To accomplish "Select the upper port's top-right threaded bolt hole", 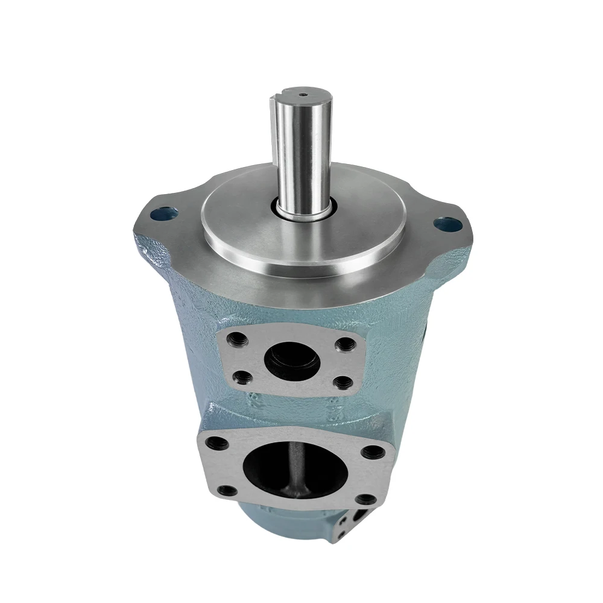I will [x=345, y=345].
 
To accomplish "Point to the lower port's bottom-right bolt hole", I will [x=364, y=499].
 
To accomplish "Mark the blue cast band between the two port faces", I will [x=289, y=410].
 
